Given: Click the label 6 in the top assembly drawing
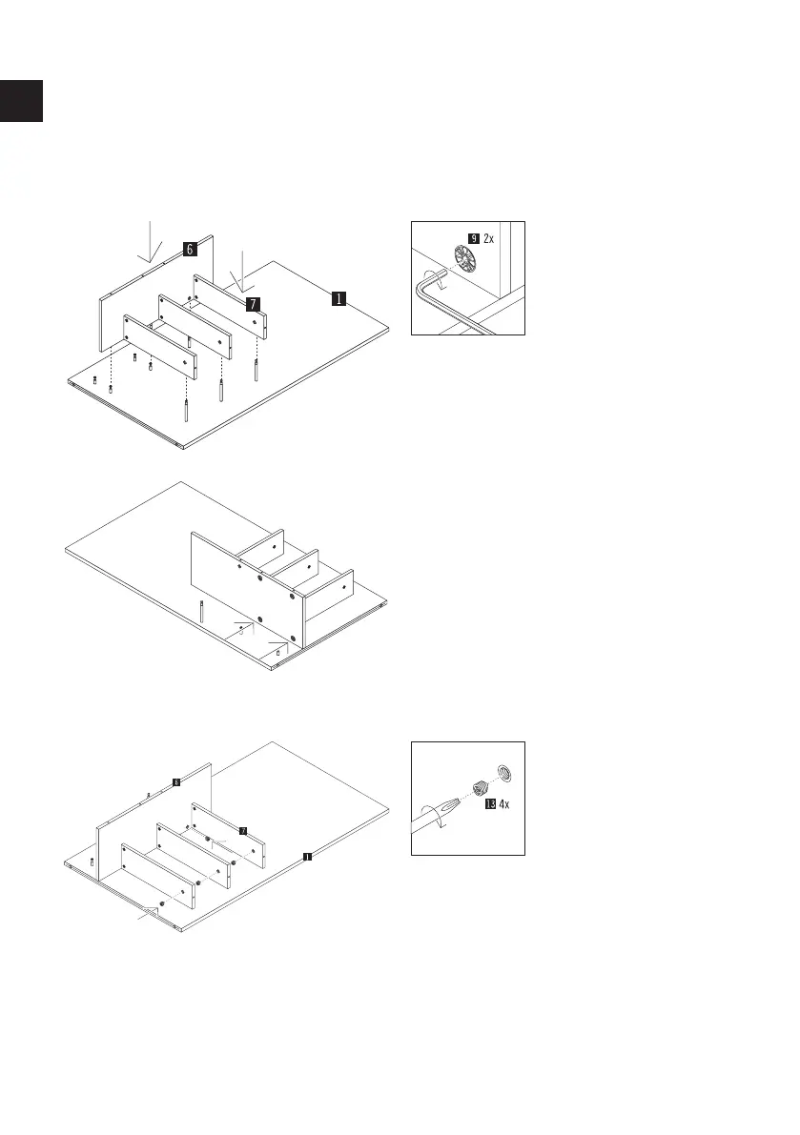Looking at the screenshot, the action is (190, 250).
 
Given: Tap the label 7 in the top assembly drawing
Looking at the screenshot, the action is (252, 304).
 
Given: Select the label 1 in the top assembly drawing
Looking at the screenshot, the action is (338, 298).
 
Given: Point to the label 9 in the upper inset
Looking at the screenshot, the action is (474, 238).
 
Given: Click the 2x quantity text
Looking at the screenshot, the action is (489, 238).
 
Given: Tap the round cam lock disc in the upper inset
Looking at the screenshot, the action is (466, 260).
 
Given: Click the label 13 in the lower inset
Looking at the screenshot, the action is (490, 804).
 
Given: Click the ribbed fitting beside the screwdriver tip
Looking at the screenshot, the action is (480, 787).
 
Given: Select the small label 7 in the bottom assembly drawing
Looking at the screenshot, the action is (242, 831).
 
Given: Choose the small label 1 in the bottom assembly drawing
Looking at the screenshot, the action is (307, 856).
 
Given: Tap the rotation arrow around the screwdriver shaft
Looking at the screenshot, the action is (438, 820).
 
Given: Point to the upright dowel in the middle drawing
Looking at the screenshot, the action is (202, 611).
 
